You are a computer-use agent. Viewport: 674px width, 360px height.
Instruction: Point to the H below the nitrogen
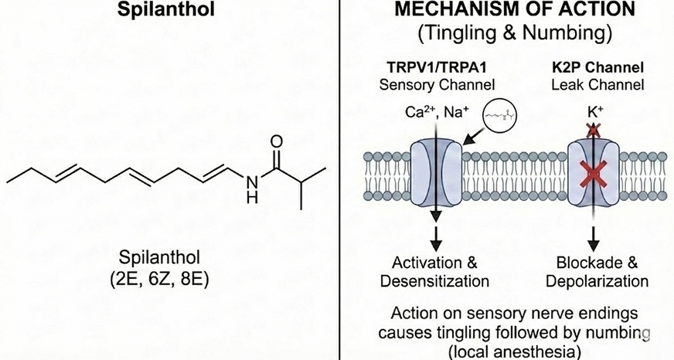click(x=250, y=198)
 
